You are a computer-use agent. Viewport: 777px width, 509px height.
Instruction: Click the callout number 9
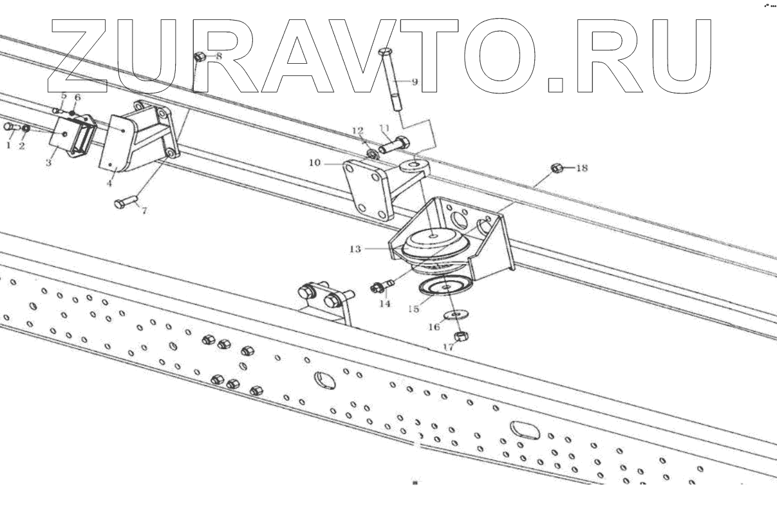pos(414,82)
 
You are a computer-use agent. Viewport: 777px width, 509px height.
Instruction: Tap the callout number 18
pos(581,168)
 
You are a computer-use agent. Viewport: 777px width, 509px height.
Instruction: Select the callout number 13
pos(354,247)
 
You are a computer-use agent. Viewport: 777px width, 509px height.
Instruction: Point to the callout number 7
pos(143,211)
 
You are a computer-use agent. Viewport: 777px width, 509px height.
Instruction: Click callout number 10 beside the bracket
pos(315,163)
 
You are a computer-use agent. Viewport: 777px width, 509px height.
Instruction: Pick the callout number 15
pos(413,309)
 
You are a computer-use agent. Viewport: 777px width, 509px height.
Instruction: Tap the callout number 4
pos(109,183)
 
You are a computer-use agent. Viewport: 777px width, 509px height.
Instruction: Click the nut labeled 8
pos(199,57)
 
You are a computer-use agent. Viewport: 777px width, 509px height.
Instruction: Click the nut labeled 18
pos(557,169)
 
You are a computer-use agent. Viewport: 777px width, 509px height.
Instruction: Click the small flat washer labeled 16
pos(456,314)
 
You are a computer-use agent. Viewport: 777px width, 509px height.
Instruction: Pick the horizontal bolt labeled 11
pos(393,146)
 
